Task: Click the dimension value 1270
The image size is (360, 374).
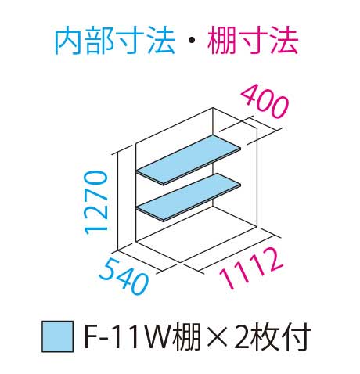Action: (x=95, y=202)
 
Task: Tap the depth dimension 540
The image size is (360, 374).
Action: (x=124, y=276)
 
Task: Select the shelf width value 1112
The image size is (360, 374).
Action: (x=251, y=268)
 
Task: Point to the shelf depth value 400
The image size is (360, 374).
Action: (x=265, y=102)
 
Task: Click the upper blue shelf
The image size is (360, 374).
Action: (x=189, y=160)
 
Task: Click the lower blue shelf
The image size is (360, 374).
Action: (x=189, y=197)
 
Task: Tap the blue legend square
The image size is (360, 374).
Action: (x=58, y=336)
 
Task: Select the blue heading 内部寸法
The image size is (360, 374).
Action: (x=115, y=41)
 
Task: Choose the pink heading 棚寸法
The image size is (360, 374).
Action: (x=253, y=41)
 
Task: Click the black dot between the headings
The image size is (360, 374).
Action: (x=192, y=41)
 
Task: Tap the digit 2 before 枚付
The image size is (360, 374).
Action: (x=242, y=336)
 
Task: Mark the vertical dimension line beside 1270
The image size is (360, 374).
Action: (x=118, y=202)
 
